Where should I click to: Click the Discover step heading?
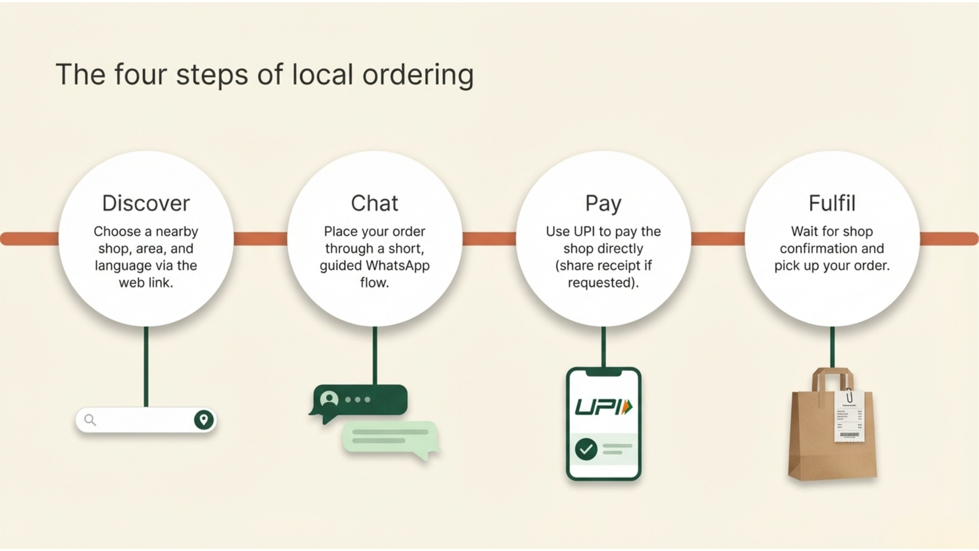pyautogui.click(x=146, y=203)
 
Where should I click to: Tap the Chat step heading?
pyautogui.click(x=374, y=203)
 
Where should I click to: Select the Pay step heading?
pyautogui.click(x=603, y=203)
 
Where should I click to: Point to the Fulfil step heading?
pyautogui.click(x=832, y=203)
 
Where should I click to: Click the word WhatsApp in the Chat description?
pyautogui.click(x=397, y=266)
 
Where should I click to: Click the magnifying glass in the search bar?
pyautogui.click(x=90, y=420)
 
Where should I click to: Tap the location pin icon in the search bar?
pyautogui.click(x=204, y=420)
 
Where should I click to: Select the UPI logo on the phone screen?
pyautogui.click(x=603, y=407)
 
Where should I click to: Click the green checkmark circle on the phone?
pyautogui.click(x=586, y=449)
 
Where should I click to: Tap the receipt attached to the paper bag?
pyautogui.click(x=849, y=416)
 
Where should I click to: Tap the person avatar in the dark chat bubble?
pyautogui.click(x=329, y=400)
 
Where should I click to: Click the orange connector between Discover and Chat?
pyautogui.click(x=260, y=239)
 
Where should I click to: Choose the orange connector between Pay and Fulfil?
pyautogui.click(x=718, y=239)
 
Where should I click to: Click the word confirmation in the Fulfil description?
pyautogui.click(x=832, y=249)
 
